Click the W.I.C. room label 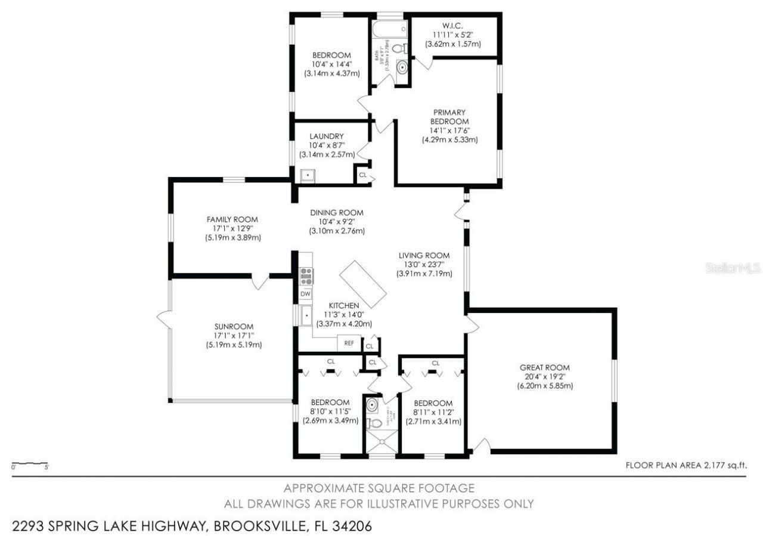[452, 26]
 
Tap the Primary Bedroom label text [449, 116]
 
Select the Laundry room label [326, 136]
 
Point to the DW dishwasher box [305, 294]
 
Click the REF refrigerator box [349, 343]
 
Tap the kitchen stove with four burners [306, 275]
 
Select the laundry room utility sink [308, 176]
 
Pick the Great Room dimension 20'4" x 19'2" [544, 377]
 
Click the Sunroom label [234, 326]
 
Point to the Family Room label [232, 219]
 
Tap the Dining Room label [336, 213]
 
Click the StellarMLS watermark [733, 269]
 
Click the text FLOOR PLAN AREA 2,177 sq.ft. [686, 466]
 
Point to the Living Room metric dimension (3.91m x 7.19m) [424, 274]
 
